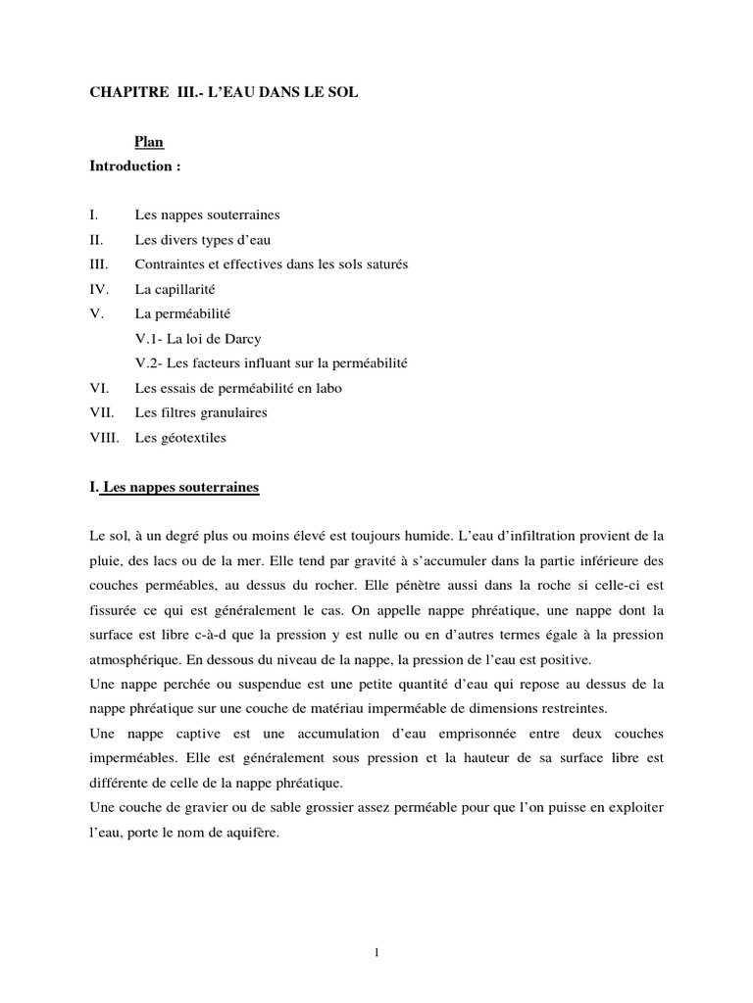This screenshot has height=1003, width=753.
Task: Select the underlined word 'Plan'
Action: click(149, 142)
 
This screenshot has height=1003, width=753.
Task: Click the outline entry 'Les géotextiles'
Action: click(180, 438)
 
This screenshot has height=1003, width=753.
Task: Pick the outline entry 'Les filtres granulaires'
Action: click(201, 412)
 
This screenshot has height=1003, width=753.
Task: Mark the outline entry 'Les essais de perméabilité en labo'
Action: click(238, 388)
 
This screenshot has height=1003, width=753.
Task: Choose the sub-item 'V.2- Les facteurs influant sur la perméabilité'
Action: click(272, 363)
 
